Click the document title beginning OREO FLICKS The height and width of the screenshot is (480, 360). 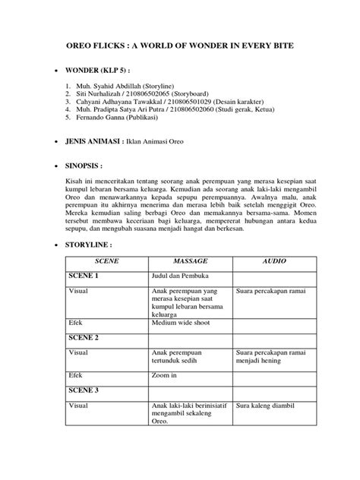[x=179, y=44]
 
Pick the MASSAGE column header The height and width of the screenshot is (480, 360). [x=190, y=261]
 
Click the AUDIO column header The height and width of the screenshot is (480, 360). [x=273, y=261]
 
